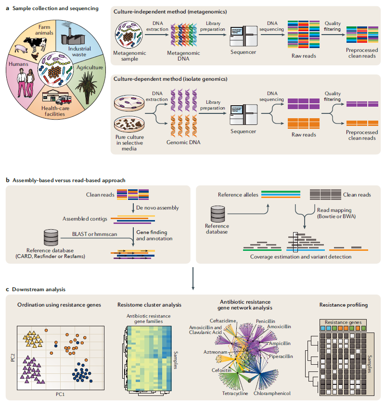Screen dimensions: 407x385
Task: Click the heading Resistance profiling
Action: pos(343,304)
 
